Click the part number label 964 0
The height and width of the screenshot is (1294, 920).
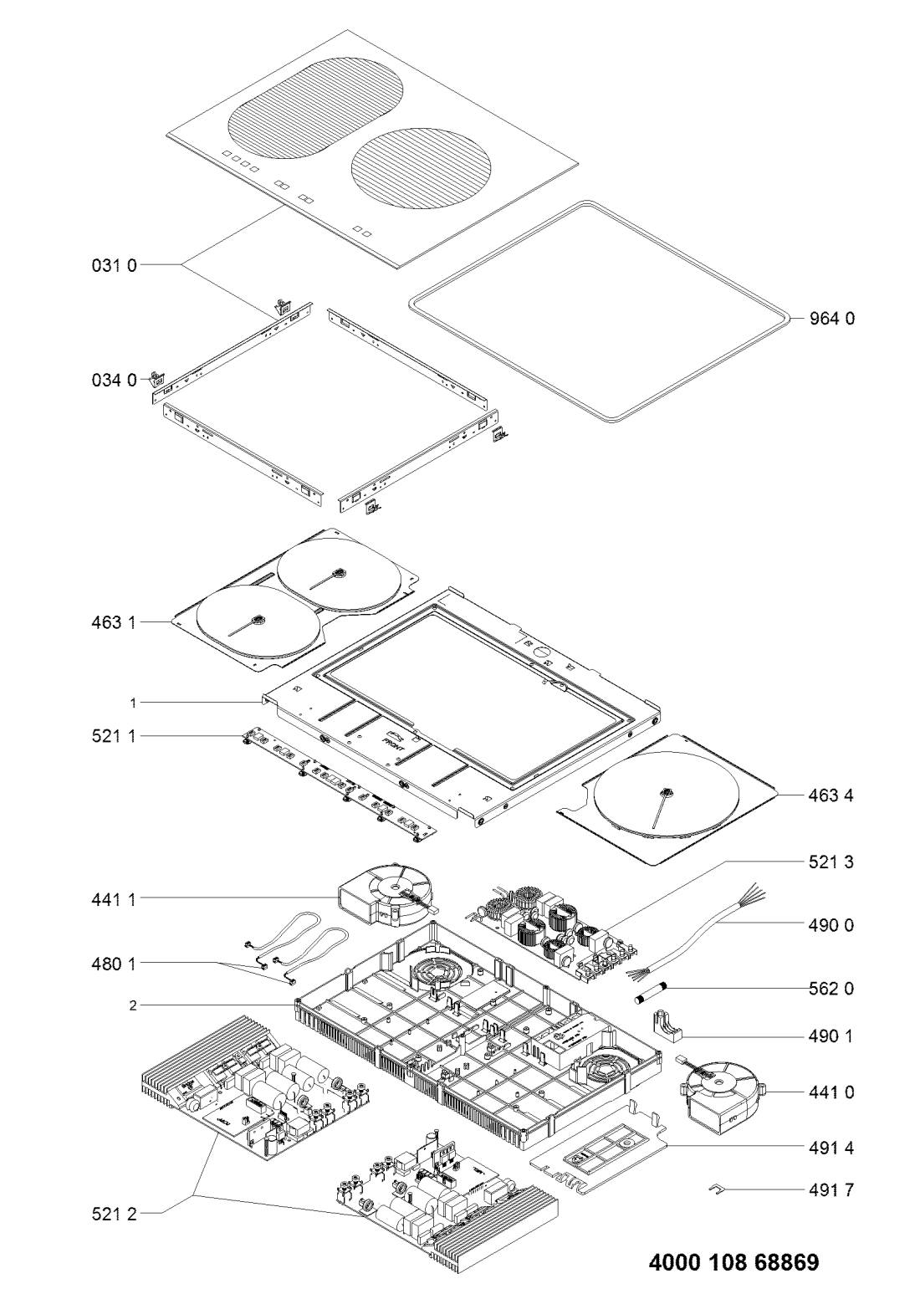[x=832, y=319]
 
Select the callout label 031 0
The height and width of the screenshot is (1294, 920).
[x=114, y=265]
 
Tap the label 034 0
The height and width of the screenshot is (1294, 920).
[x=114, y=381]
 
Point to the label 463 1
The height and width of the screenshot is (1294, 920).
[x=114, y=622]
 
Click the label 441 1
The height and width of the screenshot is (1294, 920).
[x=114, y=898]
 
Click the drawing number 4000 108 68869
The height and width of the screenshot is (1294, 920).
[x=734, y=1260]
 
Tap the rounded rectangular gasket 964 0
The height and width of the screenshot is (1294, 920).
[x=600, y=311]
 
